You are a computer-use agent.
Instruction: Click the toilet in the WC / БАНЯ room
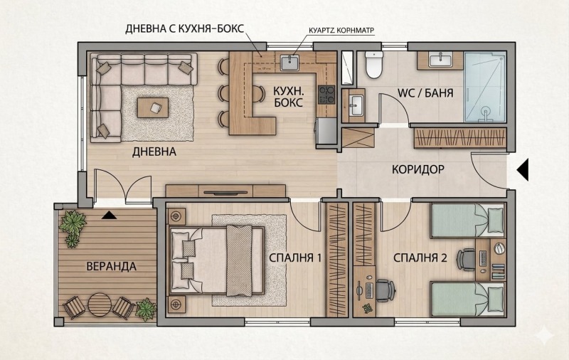coord(373,65)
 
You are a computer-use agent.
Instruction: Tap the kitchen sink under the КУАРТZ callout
coord(289,62)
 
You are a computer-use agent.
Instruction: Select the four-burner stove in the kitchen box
coord(326,95)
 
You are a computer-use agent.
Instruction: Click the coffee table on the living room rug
coord(153,107)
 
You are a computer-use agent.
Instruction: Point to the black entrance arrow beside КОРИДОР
coord(523,169)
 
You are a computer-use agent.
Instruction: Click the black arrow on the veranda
coord(109,216)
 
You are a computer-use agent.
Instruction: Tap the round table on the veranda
coord(100,304)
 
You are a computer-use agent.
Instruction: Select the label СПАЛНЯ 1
coord(295,258)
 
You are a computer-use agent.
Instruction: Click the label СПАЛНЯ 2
coord(420,258)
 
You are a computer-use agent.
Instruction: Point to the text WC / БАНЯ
coord(425,93)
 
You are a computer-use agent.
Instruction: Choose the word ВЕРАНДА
coord(111,266)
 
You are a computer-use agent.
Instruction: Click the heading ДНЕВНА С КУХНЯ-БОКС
coord(184,29)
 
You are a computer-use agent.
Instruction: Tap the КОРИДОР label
coord(418,169)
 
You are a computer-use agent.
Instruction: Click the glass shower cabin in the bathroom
coord(484,87)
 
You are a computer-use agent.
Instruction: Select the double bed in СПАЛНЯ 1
coord(217,260)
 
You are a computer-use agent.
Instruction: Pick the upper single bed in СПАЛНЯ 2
coord(467,221)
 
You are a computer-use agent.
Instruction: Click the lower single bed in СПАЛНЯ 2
coord(467,300)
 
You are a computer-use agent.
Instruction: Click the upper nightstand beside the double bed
coord(176,217)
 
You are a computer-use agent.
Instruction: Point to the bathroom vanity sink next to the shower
coord(440,60)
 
